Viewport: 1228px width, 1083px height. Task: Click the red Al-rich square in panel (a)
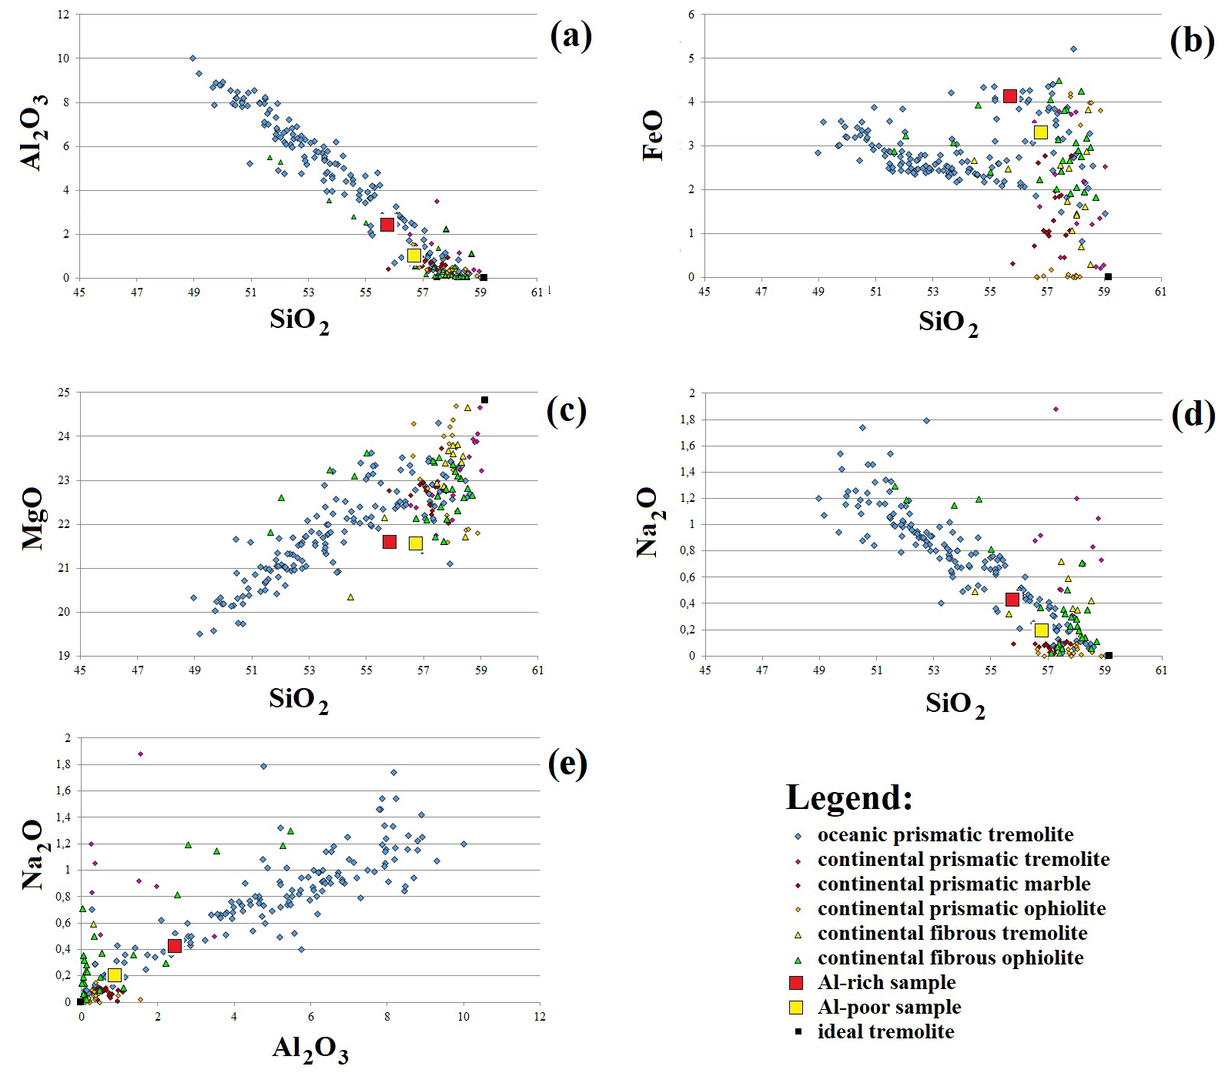point(387,224)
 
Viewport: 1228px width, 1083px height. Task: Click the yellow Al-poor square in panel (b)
point(1041,132)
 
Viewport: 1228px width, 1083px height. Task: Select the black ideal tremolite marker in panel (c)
point(484,400)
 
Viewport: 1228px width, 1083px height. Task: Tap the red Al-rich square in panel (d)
point(1012,600)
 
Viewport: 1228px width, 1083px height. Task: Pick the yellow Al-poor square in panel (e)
point(115,975)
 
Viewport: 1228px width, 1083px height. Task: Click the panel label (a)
point(571,35)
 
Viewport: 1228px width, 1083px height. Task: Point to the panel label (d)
point(1193,415)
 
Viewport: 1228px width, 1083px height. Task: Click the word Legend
point(849,797)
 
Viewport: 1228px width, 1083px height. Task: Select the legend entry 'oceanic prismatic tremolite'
point(945,834)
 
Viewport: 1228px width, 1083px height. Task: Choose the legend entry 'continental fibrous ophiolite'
point(950,958)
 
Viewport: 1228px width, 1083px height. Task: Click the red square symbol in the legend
point(797,983)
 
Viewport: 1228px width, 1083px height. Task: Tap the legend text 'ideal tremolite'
point(885,1031)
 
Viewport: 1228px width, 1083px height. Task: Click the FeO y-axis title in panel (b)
point(653,135)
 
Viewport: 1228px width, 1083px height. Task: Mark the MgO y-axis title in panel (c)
point(32,518)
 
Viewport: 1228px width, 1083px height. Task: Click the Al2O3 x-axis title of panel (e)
point(310,1048)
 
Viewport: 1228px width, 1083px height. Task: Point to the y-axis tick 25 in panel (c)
point(63,393)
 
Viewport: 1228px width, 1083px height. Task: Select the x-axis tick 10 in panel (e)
point(463,1017)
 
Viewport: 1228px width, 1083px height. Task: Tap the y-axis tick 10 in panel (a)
point(63,58)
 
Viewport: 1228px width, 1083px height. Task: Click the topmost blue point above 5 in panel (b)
point(1073,49)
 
